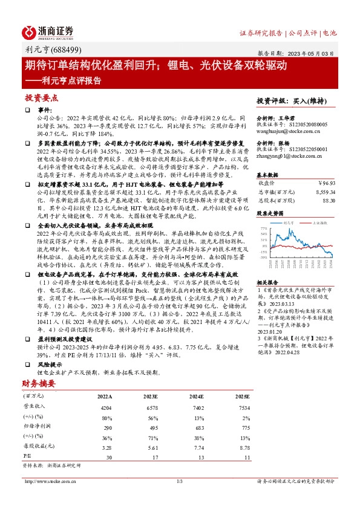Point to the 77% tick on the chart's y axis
264,228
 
